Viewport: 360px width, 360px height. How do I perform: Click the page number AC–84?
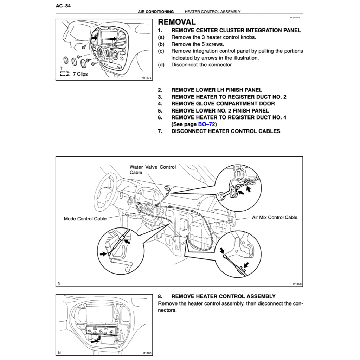pos(63,6)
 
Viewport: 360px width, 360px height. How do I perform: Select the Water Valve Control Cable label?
pos(153,170)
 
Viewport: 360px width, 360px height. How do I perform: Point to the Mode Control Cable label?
pos(85,219)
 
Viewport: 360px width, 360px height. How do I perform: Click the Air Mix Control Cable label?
pos(275,217)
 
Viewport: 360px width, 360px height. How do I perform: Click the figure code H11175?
pos(146,78)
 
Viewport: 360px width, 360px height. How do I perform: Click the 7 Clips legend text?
pos(80,74)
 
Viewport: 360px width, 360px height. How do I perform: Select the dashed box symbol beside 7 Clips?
pos(64,74)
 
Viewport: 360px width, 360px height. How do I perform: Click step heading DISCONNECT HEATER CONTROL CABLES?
pos(226,131)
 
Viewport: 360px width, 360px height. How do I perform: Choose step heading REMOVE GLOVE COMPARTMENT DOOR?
pos(223,104)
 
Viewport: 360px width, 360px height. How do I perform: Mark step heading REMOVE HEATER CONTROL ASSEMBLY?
pos(223,296)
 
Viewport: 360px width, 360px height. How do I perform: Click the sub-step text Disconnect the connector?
pos(202,65)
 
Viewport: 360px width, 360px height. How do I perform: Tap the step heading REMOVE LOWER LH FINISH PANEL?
pos(217,90)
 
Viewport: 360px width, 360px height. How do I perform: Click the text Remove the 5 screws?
pos(197,44)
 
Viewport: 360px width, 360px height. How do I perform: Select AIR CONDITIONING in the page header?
pos(156,12)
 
